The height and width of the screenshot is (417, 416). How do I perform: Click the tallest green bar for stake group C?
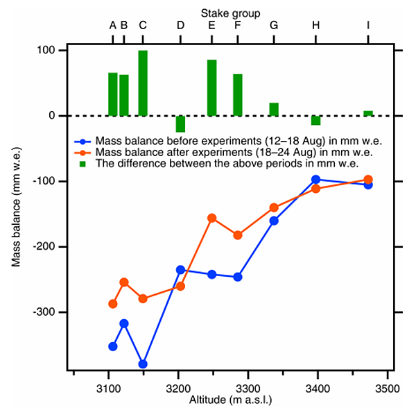(x=143, y=83)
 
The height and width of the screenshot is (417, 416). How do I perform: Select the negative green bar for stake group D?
(x=180, y=124)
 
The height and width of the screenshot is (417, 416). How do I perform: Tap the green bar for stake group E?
(x=211, y=87)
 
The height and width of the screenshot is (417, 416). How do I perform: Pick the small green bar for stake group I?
(x=368, y=113)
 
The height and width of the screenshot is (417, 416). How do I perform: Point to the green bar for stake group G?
(x=274, y=109)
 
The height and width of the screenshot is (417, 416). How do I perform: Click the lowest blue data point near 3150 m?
(x=143, y=364)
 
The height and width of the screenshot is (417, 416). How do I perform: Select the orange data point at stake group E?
(x=211, y=218)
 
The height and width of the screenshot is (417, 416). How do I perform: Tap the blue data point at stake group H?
(x=316, y=180)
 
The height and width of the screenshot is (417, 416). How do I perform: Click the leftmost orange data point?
(x=113, y=304)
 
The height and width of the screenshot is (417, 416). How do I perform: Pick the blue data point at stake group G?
(x=274, y=221)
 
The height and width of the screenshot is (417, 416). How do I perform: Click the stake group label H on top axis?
(x=316, y=26)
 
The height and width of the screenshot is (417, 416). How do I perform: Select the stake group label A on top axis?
(x=113, y=26)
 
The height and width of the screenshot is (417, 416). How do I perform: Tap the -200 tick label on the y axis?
(x=46, y=247)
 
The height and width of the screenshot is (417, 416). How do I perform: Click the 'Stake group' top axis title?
(x=231, y=12)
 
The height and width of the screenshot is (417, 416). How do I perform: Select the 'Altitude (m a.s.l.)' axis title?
(x=230, y=400)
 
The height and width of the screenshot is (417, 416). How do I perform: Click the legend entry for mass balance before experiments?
(x=229, y=139)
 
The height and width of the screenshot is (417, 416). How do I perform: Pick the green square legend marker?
(x=83, y=164)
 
